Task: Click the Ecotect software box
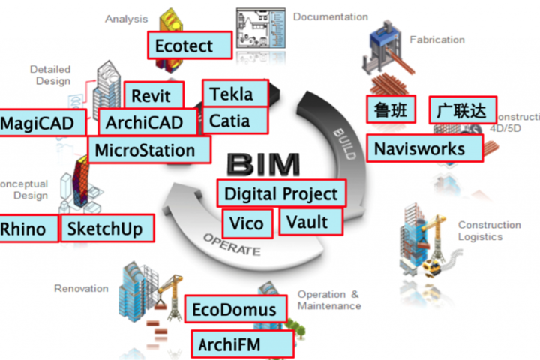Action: point(190,46)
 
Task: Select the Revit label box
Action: point(154,95)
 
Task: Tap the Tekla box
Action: point(235,93)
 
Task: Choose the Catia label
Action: point(235,121)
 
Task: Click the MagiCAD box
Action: point(42,123)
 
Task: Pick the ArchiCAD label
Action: point(148,122)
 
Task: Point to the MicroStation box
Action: point(149,150)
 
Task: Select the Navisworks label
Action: point(425,148)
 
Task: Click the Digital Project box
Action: point(281,193)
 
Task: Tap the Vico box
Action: point(247,223)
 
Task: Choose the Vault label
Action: point(311,222)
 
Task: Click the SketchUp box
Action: point(107,229)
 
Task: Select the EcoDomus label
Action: point(236,309)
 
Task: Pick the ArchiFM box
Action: point(243,343)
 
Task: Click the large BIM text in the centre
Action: point(263,164)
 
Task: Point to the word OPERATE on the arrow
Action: point(232,244)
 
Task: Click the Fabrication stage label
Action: point(437,40)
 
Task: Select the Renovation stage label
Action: point(81,288)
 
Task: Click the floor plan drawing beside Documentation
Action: point(261,28)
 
